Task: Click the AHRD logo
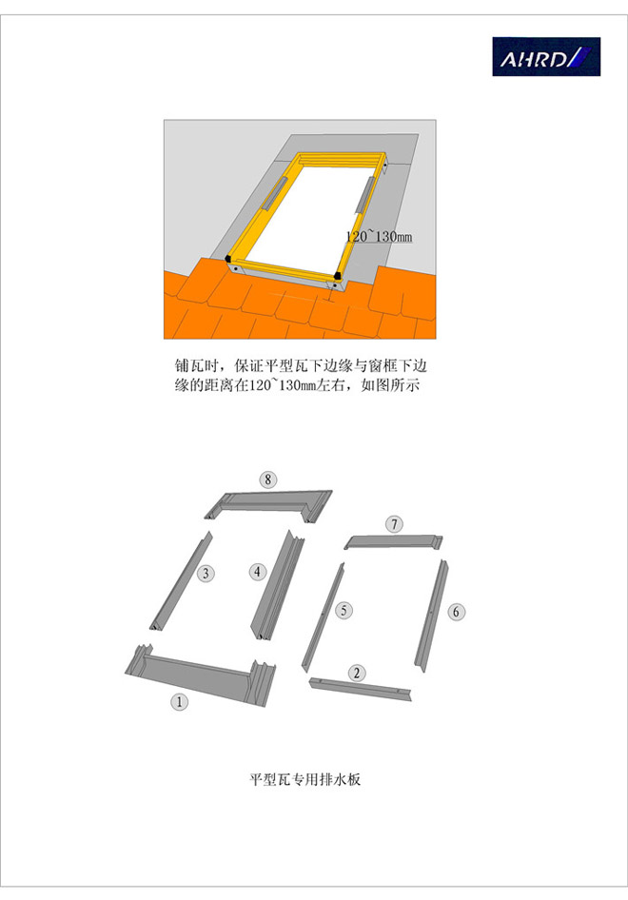point(546,57)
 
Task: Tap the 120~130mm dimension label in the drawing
point(379,236)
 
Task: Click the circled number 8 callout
point(268,479)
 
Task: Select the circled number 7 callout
point(394,524)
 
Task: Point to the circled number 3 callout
point(206,573)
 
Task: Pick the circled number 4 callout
point(257,572)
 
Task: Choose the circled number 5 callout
point(343,610)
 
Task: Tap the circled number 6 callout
point(457,612)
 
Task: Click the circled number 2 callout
point(357,673)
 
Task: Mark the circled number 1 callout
point(180,701)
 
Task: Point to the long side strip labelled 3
point(181,581)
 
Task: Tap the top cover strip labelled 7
point(394,541)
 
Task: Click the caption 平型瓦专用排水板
point(304,779)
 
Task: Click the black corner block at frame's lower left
point(228,258)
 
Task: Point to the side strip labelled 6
point(432,616)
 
